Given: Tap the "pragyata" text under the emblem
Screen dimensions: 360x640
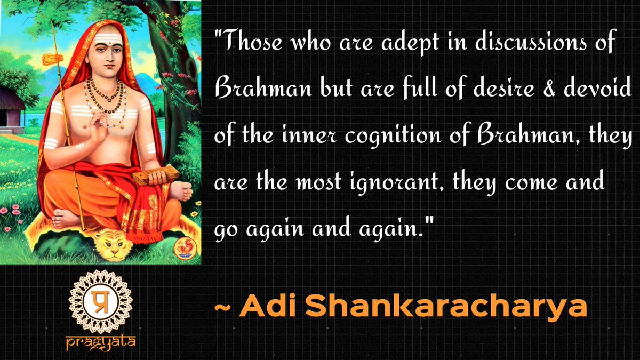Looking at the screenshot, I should [101, 341].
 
